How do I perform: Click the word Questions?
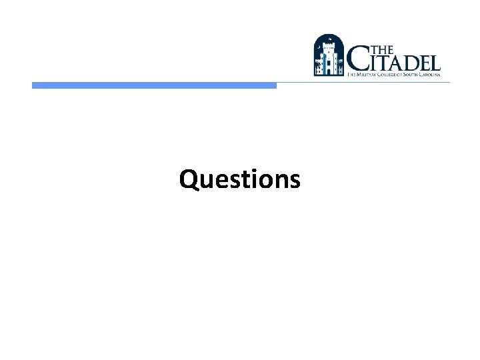[x=240, y=179]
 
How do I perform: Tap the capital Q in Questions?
[x=189, y=179]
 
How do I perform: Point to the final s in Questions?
[x=295, y=181]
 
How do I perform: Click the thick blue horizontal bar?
[x=154, y=85]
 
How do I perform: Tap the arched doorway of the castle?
[x=329, y=69]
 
